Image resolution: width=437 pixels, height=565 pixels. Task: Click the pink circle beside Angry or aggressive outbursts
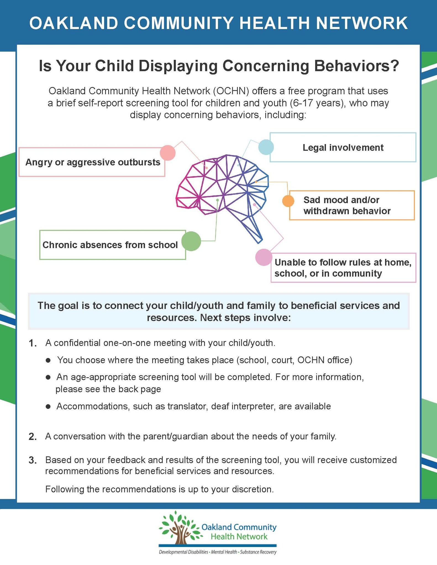point(168,153)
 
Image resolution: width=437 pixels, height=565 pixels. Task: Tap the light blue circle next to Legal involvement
point(266,147)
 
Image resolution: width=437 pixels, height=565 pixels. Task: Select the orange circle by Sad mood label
point(288,201)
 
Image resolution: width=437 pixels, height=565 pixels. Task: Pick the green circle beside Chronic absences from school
point(191,241)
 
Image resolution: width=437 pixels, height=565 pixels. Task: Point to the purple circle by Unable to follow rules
point(264,257)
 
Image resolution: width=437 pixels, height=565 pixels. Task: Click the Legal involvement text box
point(343,147)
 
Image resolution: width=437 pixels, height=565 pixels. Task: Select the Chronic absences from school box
point(113,245)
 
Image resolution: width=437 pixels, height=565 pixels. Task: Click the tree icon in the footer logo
point(180,527)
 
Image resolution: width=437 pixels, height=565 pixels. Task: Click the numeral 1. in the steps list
point(33,343)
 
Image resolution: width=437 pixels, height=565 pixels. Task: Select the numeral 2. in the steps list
point(33,437)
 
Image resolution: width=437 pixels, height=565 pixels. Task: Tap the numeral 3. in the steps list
point(33,460)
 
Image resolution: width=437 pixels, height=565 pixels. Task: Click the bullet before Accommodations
point(48,407)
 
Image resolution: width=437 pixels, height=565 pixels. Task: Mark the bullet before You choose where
point(48,360)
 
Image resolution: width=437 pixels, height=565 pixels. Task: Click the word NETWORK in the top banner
point(362,23)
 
